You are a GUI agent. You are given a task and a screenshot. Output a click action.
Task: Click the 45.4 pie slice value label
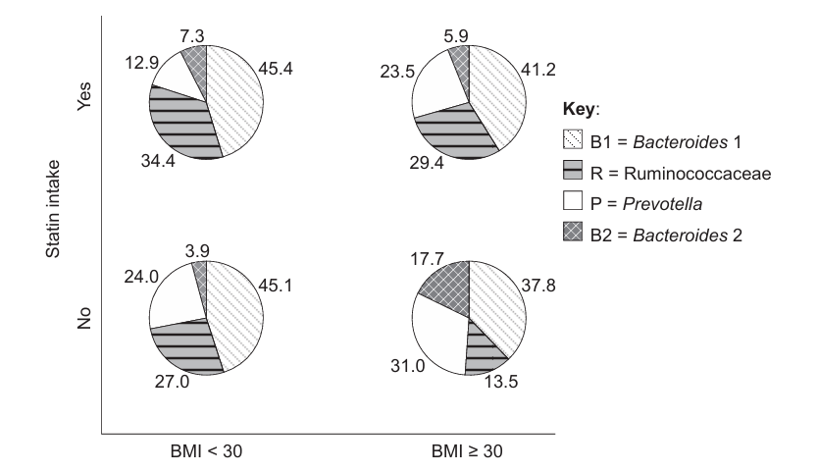point(276,69)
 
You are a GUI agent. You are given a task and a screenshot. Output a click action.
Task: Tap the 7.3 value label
point(192,36)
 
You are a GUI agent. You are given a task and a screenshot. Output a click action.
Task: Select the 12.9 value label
point(142,63)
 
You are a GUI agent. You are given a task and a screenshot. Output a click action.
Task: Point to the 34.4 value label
point(158,161)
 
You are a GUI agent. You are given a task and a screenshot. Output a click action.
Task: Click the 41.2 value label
point(538,70)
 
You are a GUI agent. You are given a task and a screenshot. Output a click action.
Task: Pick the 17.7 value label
point(428,258)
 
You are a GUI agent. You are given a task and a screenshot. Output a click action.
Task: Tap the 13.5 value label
point(501,382)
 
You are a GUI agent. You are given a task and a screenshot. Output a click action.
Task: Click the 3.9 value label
point(197,251)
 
